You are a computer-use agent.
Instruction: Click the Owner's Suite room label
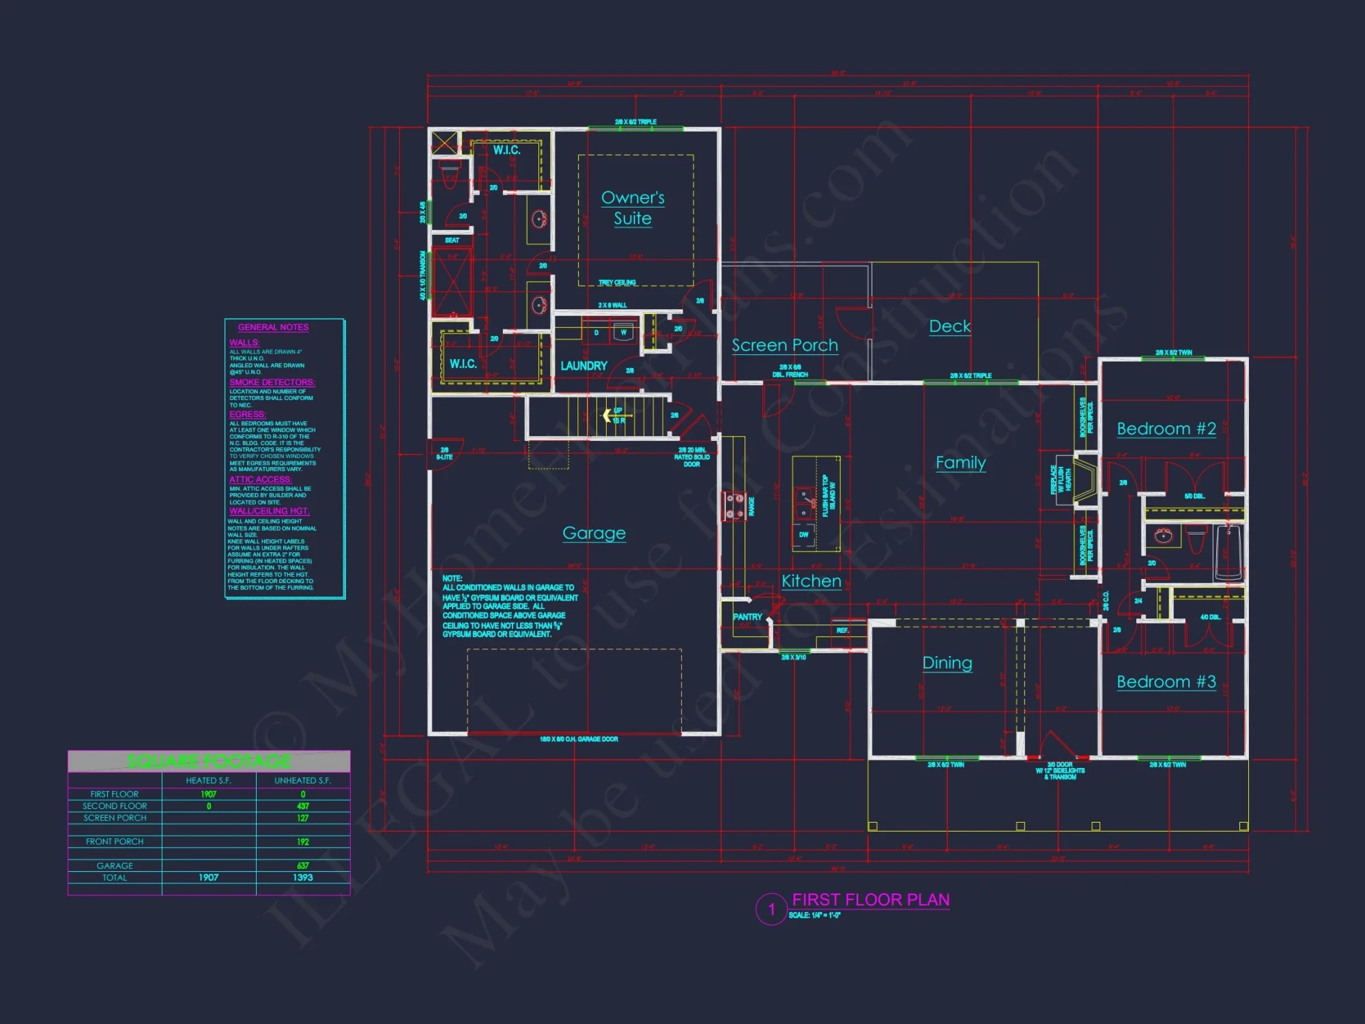coord(633,208)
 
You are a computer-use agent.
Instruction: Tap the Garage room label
coord(594,532)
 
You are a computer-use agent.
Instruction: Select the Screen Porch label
coord(785,345)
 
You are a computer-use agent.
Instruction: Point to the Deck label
coord(949,326)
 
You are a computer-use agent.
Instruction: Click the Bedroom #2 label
coord(1166,429)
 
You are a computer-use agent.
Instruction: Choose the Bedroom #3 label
coord(1166,681)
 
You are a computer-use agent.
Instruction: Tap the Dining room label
coord(947,662)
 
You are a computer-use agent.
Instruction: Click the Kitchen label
coord(811,580)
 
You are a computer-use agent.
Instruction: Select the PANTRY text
coord(747,616)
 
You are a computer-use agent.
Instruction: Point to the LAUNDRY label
coord(584,366)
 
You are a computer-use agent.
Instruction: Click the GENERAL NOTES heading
coord(273,328)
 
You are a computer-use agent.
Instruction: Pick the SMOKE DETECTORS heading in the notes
coord(272,382)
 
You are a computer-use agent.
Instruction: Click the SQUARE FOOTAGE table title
coord(209,761)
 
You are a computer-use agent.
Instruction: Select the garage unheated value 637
coord(302,866)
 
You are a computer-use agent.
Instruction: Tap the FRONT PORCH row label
coord(115,842)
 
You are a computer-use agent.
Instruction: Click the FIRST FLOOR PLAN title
coord(870,900)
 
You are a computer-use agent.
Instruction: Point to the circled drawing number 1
coord(771,909)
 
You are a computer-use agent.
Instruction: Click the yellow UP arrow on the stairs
coord(607,415)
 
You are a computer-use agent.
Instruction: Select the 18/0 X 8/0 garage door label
coord(579,739)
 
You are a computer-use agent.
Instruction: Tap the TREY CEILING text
coord(617,282)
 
